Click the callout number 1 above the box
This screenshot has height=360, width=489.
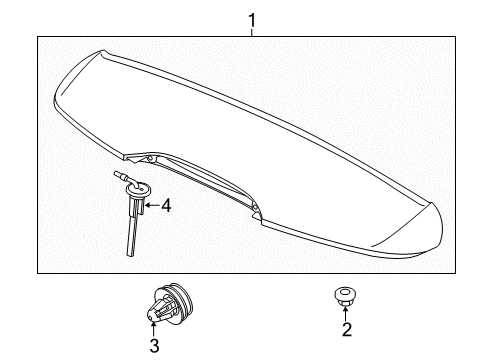[252, 20]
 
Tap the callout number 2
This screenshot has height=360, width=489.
[347, 329]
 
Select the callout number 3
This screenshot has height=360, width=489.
[154, 345]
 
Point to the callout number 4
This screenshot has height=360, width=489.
[166, 205]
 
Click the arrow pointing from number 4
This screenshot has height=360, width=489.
[152, 205]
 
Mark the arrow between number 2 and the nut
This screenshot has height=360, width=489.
[345, 314]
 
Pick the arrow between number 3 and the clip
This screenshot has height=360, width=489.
[153, 329]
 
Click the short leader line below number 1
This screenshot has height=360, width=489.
[252, 33]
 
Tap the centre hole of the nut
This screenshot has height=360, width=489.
[344, 293]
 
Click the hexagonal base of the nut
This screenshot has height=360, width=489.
[344, 302]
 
